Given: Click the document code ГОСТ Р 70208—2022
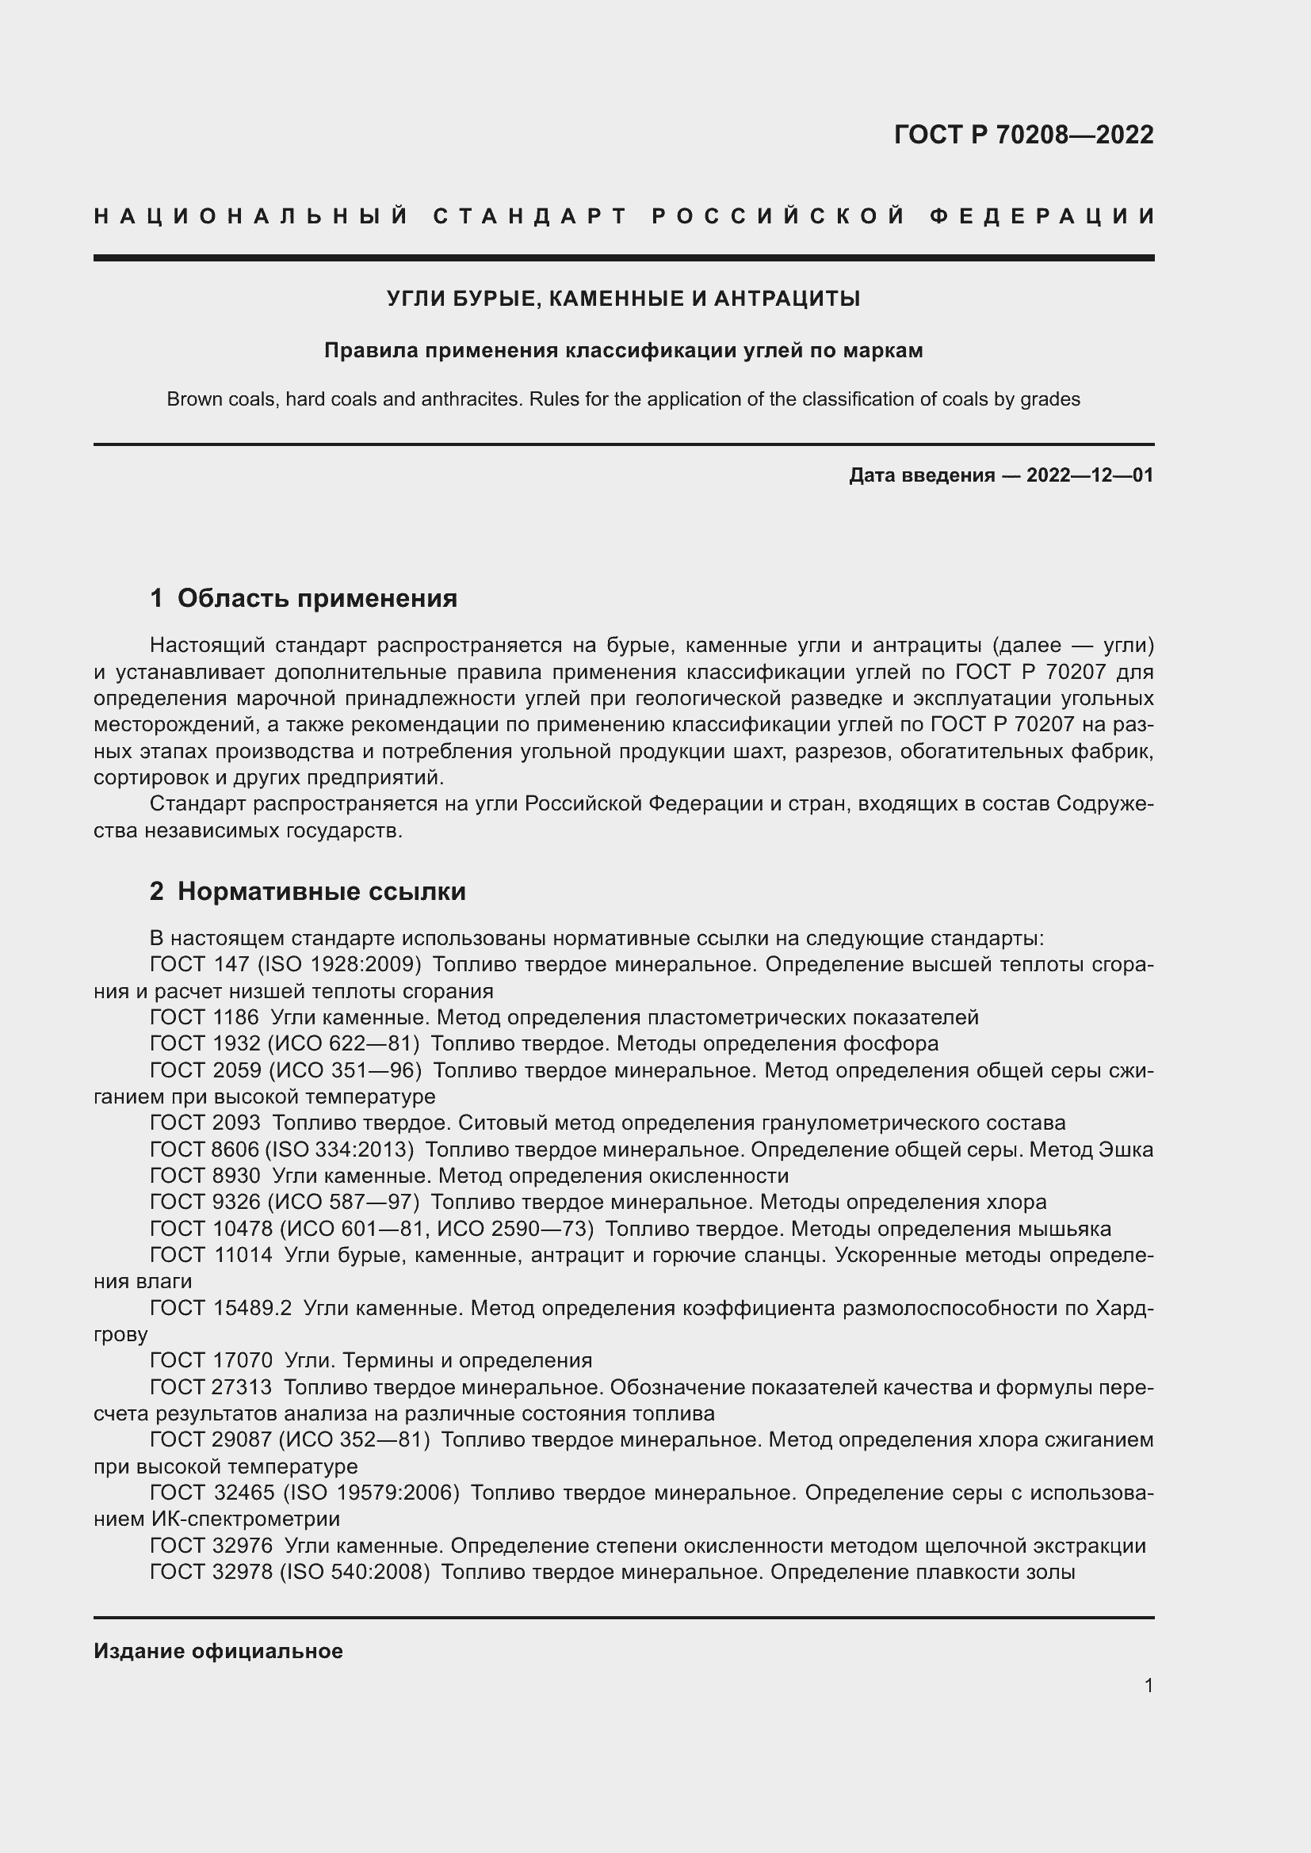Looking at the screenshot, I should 1023,135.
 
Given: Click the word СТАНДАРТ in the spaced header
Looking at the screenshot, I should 530,216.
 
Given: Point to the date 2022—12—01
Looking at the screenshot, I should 1090,475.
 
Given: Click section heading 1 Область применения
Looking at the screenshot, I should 304,598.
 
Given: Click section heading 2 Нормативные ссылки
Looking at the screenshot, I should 308,891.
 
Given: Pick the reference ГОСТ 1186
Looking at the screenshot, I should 204,1017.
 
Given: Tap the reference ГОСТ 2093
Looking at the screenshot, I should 205,1123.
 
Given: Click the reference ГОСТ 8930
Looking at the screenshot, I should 205,1175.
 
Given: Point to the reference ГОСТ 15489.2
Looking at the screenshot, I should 220,1307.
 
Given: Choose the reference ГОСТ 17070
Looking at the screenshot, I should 211,1360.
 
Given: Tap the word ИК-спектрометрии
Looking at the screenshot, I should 246,1519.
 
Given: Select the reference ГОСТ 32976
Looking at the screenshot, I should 211,1546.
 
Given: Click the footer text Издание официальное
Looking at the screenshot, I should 218,1651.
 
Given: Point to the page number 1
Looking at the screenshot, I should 1149,1685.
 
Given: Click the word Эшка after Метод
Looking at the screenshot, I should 1126,1150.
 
